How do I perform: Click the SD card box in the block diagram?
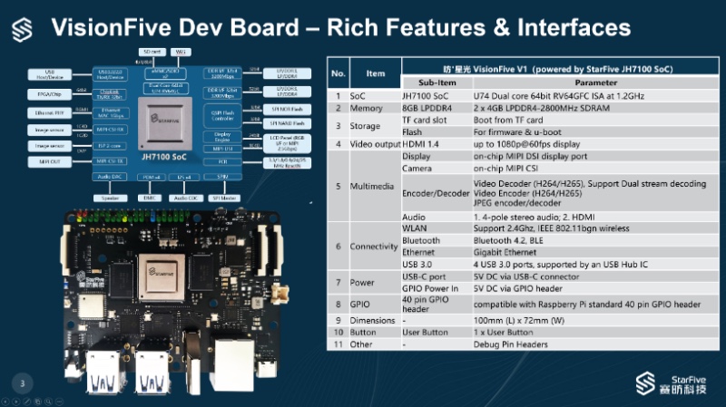tap(152, 53)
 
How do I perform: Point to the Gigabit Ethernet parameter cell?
tap(505, 252)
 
